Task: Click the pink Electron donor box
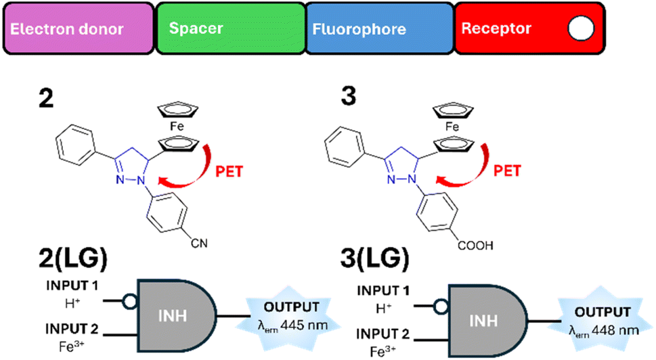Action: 79,28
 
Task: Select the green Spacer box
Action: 231,28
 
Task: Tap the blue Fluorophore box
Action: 380,28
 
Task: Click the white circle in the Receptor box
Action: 581,28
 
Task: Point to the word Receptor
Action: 496,28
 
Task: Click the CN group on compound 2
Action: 199,243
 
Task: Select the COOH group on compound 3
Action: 475,245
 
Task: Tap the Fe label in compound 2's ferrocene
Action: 177,127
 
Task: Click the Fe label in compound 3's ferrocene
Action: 452,127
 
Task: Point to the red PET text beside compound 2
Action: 229,171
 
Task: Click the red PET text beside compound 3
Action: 507,171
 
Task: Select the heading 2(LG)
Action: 73,258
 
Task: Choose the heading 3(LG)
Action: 374,258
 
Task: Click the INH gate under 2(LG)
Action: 177,316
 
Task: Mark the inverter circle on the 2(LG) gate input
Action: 130,301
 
